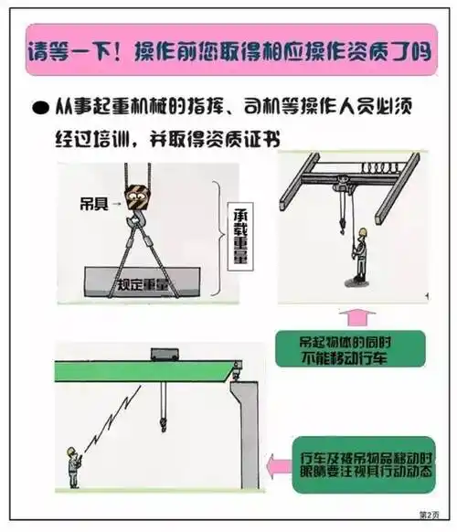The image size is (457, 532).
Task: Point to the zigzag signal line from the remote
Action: coord(111,420)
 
